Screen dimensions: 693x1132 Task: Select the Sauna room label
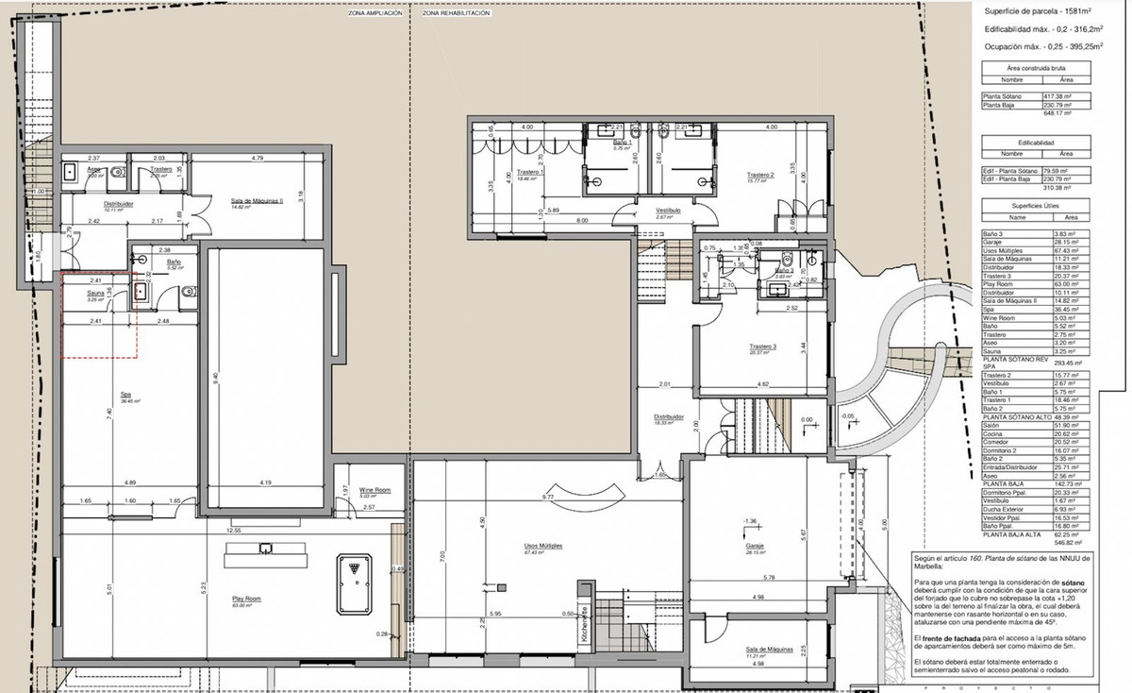click(94, 293)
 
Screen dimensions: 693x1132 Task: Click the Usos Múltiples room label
click(543, 546)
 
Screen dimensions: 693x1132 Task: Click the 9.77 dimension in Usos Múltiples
click(546, 497)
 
